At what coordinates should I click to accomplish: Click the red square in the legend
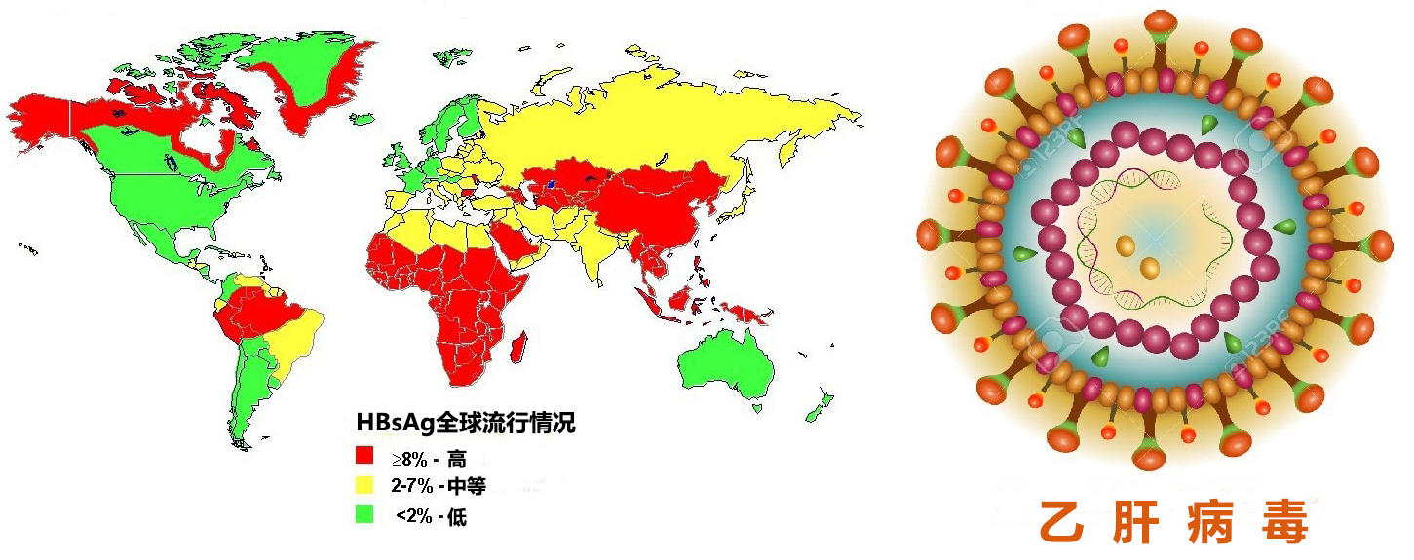(364, 456)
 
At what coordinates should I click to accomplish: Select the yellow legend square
(364, 485)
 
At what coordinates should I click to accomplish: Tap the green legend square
(364, 515)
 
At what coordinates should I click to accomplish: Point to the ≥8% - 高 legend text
(429, 458)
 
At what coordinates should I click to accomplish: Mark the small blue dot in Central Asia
(552, 182)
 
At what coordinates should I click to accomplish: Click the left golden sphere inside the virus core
(1126, 246)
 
